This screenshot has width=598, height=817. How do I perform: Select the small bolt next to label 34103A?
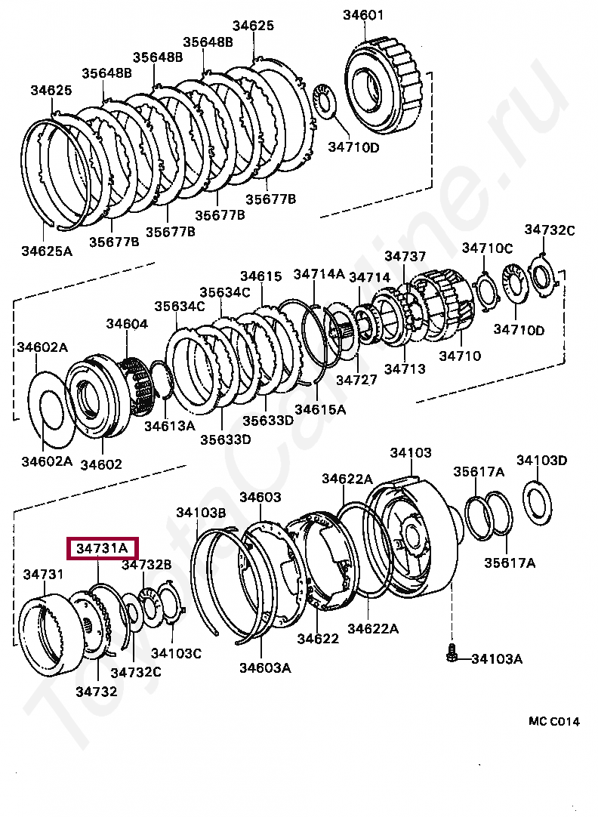click(451, 653)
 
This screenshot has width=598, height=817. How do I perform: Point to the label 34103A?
click(497, 658)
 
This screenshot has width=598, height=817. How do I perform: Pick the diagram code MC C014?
click(553, 721)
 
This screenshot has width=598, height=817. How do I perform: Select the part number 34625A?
click(47, 250)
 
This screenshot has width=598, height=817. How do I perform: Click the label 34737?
click(405, 257)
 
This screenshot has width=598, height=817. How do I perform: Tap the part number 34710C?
click(487, 247)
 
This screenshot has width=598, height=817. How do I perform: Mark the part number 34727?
click(356, 380)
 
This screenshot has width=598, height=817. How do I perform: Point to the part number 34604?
click(127, 323)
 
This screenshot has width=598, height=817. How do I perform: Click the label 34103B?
click(202, 512)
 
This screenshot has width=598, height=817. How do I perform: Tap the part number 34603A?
click(265, 667)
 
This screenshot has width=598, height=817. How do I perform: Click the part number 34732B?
click(147, 564)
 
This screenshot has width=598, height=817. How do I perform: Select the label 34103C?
click(176, 652)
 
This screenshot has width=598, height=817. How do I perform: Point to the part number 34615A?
click(320, 409)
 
